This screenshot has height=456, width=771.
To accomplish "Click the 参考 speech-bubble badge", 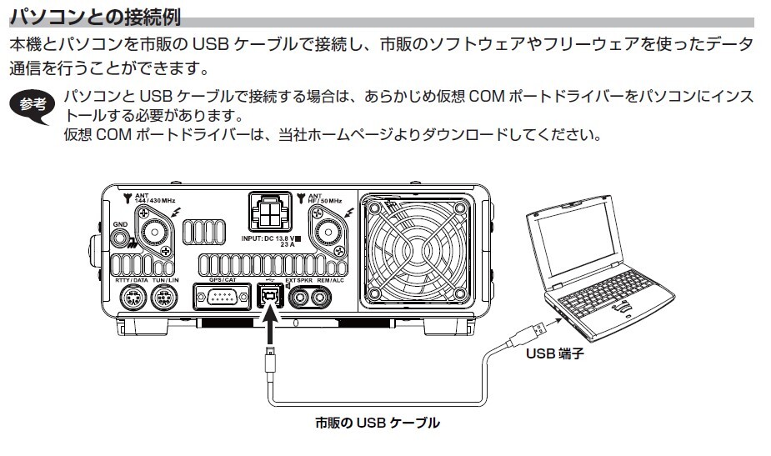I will [34, 106].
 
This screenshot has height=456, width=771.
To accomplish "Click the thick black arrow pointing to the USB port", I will [268, 330].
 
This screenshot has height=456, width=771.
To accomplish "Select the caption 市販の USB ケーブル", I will [377, 423].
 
